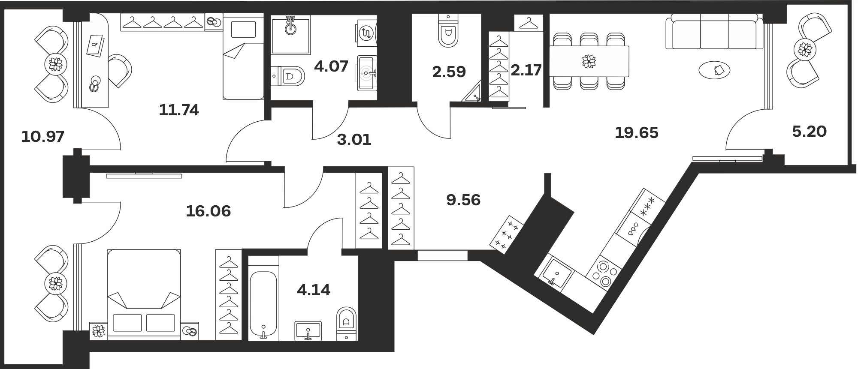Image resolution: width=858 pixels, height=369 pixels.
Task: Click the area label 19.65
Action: [637, 133]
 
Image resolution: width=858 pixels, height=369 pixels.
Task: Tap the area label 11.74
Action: [179, 110]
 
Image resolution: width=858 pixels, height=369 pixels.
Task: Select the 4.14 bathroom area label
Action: [314, 290]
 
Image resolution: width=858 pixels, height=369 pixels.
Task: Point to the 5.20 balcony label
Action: [809, 131]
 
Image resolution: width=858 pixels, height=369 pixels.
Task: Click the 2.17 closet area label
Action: [526, 70]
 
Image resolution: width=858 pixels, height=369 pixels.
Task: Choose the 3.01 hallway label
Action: [354, 139]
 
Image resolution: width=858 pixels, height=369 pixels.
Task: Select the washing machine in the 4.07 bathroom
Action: [367, 33]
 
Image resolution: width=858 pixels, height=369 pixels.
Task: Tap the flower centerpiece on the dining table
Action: [589, 61]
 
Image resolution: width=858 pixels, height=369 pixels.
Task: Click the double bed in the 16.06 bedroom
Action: [144, 293]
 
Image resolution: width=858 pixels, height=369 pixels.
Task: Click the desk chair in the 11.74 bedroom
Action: [119, 71]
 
